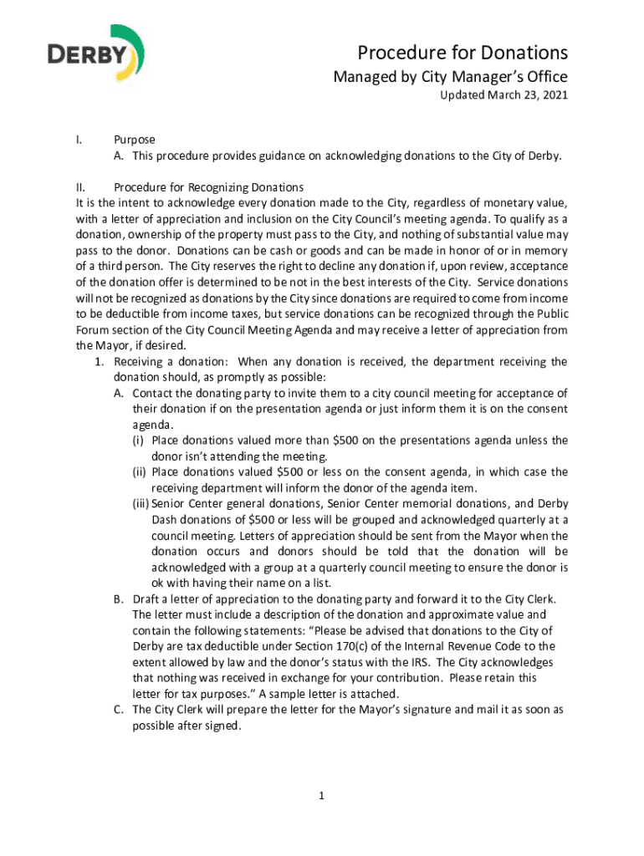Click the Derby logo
coord(95,57)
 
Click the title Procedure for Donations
coord(463,53)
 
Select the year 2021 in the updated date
coord(553,95)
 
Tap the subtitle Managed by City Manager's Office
coord(451,77)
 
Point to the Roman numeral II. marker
coord(83,186)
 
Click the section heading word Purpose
coord(135,140)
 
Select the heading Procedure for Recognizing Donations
coord(208,186)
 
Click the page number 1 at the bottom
coord(322,795)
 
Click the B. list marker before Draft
coord(118,599)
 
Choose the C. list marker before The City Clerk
coord(118,710)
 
